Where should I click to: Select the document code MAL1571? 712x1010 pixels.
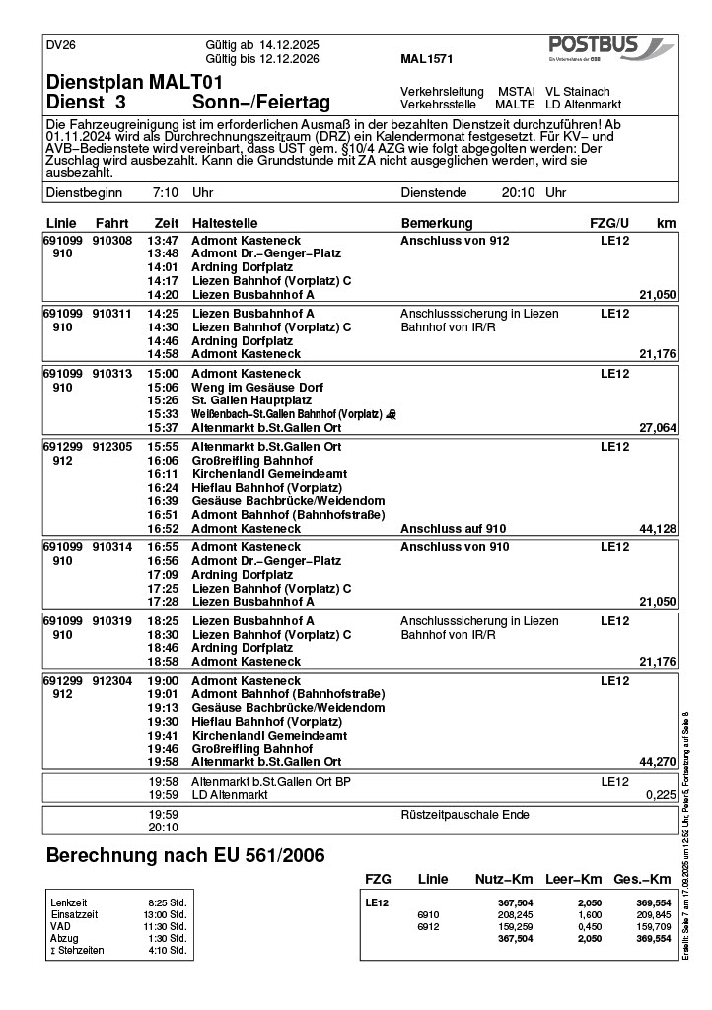pos(427,59)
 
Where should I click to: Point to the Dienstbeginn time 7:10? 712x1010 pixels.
pos(166,193)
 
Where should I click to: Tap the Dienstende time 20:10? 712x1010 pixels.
pos(518,193)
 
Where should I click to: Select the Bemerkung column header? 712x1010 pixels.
pos(437,223)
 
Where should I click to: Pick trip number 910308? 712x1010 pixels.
pos(111,241)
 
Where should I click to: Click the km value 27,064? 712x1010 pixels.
pos(657,429)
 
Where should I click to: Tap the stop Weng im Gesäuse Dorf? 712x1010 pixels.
pos(257,388)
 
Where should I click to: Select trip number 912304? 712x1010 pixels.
pos(111,681)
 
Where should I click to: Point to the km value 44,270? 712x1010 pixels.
pos(657,762)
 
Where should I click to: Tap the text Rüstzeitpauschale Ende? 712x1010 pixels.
pos(464,815)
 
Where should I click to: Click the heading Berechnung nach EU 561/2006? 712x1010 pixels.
pos(185,856)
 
